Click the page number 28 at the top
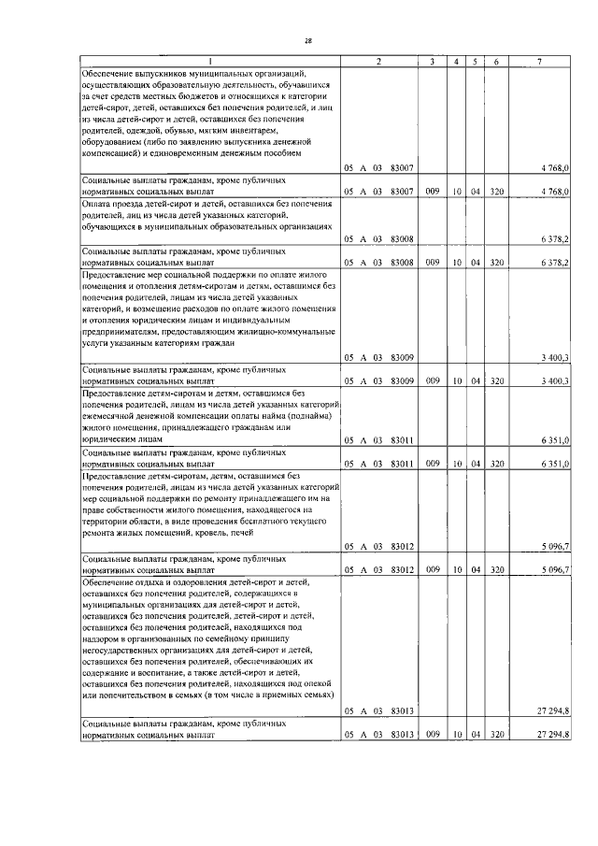coord(306,40)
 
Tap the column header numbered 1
coord(209,62)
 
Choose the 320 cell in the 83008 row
coord(496,264)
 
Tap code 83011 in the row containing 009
coord(403,463)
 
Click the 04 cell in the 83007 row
coord(475,192)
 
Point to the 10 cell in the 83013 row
coord(456,736)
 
